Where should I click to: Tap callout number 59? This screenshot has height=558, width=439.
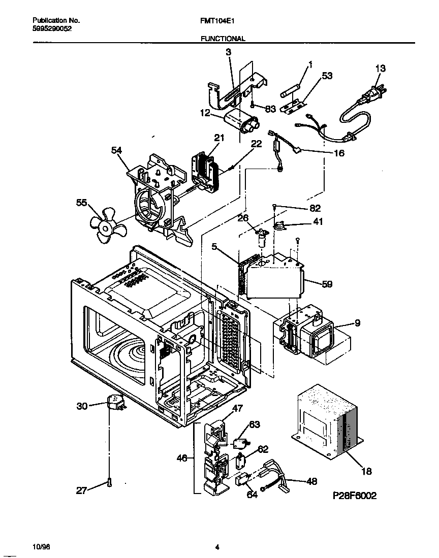click(327, 284)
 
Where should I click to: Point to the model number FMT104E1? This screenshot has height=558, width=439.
click(217, 21)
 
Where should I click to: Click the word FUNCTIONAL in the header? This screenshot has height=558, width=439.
click(223, 39)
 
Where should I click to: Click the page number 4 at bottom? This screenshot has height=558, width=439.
click(217, 547)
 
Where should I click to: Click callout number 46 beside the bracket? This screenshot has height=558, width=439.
click(182, 457)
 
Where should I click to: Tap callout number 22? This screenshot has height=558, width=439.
click(256, 144)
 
